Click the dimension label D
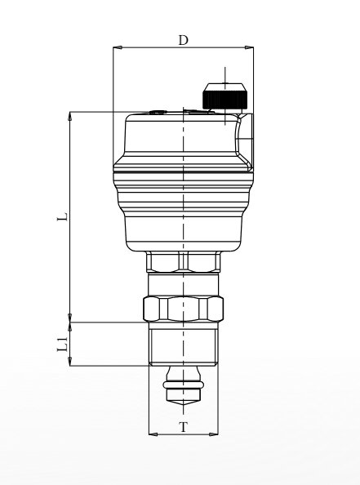click(x=184, y=40)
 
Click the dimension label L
click(x=63, y=216)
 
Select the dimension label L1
click(x=63, y=345)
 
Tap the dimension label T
click(x=184, y=427)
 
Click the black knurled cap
click(x=225, y=99)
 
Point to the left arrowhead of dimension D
click(x=118, y=47)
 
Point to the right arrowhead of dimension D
click(x=249, y=47)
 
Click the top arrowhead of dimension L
click(x=70, y=116)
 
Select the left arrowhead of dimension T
click(x=153, y=434)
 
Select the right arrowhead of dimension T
click(x=214, y=434)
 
